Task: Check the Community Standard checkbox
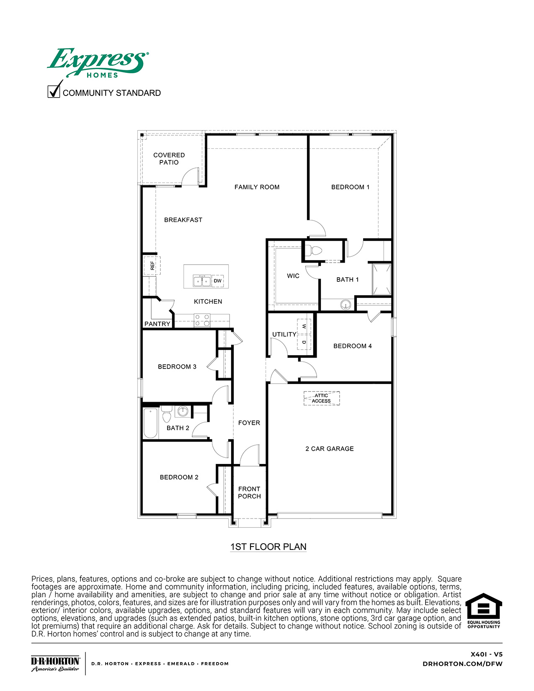(54, 91)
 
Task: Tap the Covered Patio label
(169, 159)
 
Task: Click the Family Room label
(257, 187)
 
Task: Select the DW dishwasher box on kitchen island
(217, 281)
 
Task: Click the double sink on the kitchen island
(201, 281)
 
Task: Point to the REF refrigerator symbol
(152, 266)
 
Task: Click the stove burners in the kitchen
(202, 320)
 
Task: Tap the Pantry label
(157, 324)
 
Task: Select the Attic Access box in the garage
(321, 398)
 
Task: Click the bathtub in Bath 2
(150, 423)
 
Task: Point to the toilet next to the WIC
(313, 251)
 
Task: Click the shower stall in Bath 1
(382, 279)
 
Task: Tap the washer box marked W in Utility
(304, 326)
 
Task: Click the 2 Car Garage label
(330, 449)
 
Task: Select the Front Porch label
(249, 492)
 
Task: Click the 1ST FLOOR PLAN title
(268, 547)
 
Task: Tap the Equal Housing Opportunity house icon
(484, 607)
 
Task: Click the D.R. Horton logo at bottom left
(55, 663)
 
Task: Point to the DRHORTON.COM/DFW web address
(462, 664)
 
